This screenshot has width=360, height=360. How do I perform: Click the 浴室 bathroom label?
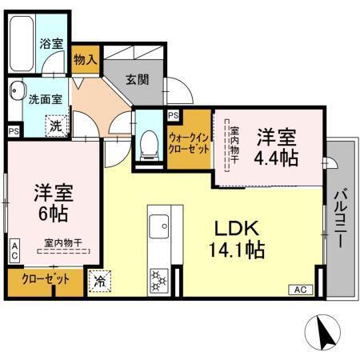coord(52,43)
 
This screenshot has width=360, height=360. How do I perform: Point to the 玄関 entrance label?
coord(136,80)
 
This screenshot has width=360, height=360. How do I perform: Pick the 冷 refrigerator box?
coord(99,281)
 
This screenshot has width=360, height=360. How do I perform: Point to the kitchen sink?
coord(156,223)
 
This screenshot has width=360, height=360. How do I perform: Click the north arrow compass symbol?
coord(322,330)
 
